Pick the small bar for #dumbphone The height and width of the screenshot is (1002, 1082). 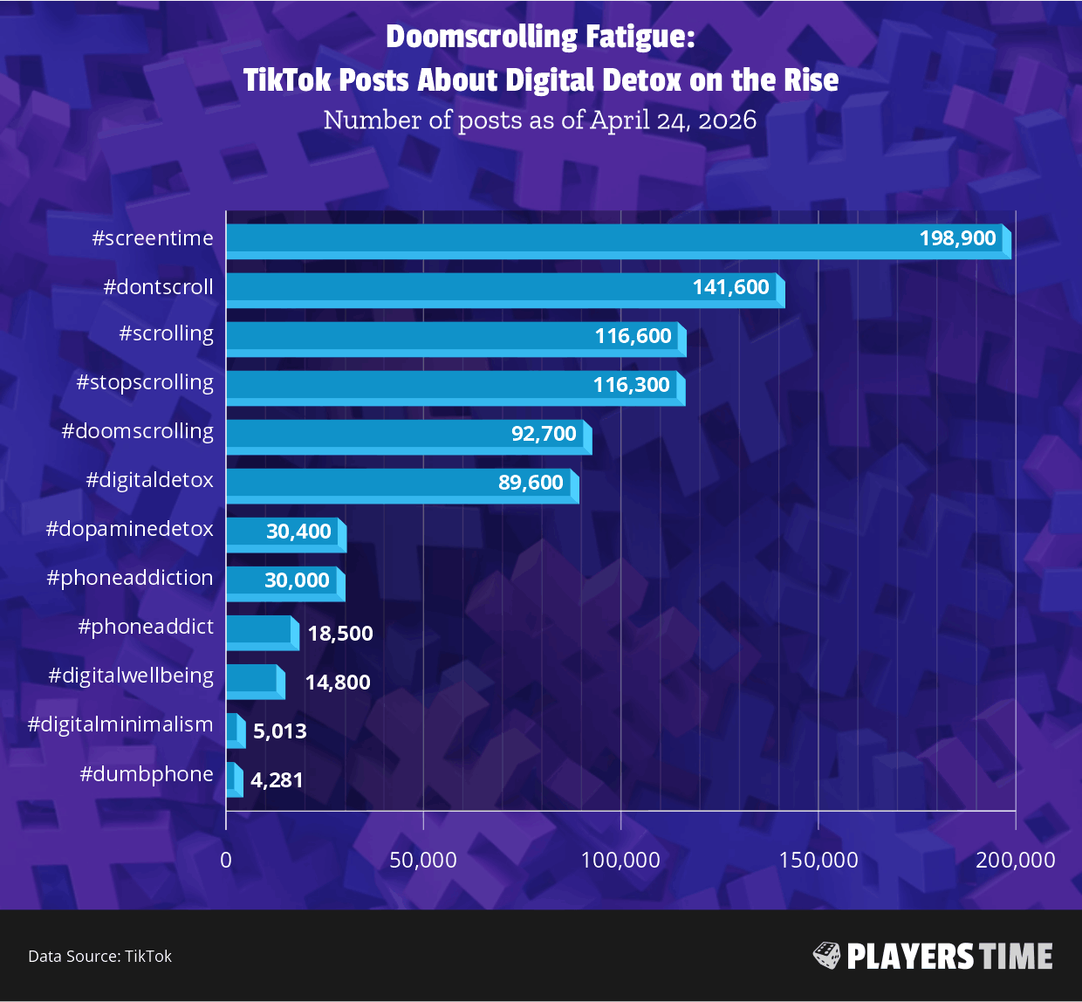coord(234,779)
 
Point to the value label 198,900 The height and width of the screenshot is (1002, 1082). coord(957,238)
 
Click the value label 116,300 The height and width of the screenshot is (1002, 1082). coord(631,385)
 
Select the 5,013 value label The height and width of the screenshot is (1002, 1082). coord(279,731)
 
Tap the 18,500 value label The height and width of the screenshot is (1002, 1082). coord(340,634)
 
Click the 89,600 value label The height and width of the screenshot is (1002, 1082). coord(531,483)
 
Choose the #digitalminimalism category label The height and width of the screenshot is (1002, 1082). coord(120,724)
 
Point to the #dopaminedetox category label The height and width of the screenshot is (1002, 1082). coord(129,529)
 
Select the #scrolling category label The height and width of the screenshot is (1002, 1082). coord(166,334)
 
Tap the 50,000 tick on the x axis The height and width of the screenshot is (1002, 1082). coord(423,860)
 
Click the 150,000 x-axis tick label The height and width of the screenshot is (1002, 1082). coord(818,860)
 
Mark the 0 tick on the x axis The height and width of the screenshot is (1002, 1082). coord(226,860)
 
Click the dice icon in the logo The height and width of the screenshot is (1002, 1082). coord(826,956)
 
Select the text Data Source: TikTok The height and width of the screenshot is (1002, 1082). coord(99,957)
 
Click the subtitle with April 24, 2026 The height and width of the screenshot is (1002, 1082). coord(539,120)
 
